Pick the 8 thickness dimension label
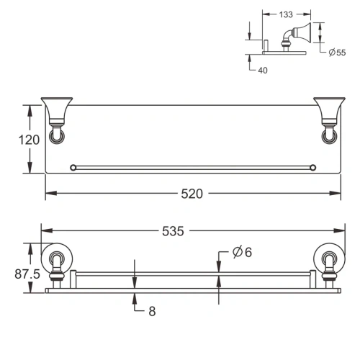(151, 312)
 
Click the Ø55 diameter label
(336, 53)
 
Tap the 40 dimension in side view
(264, 70)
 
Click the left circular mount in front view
(55, 264)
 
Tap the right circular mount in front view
(329, 264)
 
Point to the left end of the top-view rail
(72, 168)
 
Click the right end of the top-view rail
(312, 168)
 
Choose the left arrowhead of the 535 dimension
(44, 231)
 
